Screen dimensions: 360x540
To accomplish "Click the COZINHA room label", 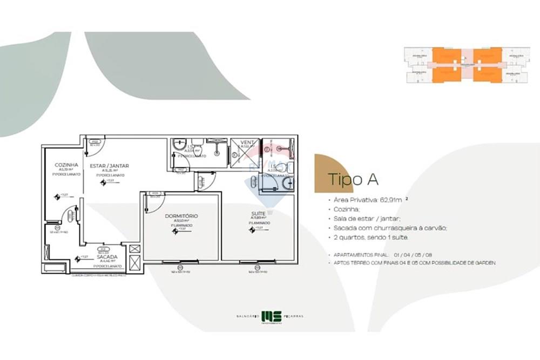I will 66,165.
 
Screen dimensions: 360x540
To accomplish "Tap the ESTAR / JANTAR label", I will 110,166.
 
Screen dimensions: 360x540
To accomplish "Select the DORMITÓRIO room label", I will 181,216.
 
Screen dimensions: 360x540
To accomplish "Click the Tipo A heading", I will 353,179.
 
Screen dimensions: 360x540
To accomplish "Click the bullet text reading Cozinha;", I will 346,209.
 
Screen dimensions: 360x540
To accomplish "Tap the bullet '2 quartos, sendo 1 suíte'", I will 371,237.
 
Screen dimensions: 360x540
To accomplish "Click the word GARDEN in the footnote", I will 484,263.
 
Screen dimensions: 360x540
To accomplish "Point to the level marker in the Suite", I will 252,230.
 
